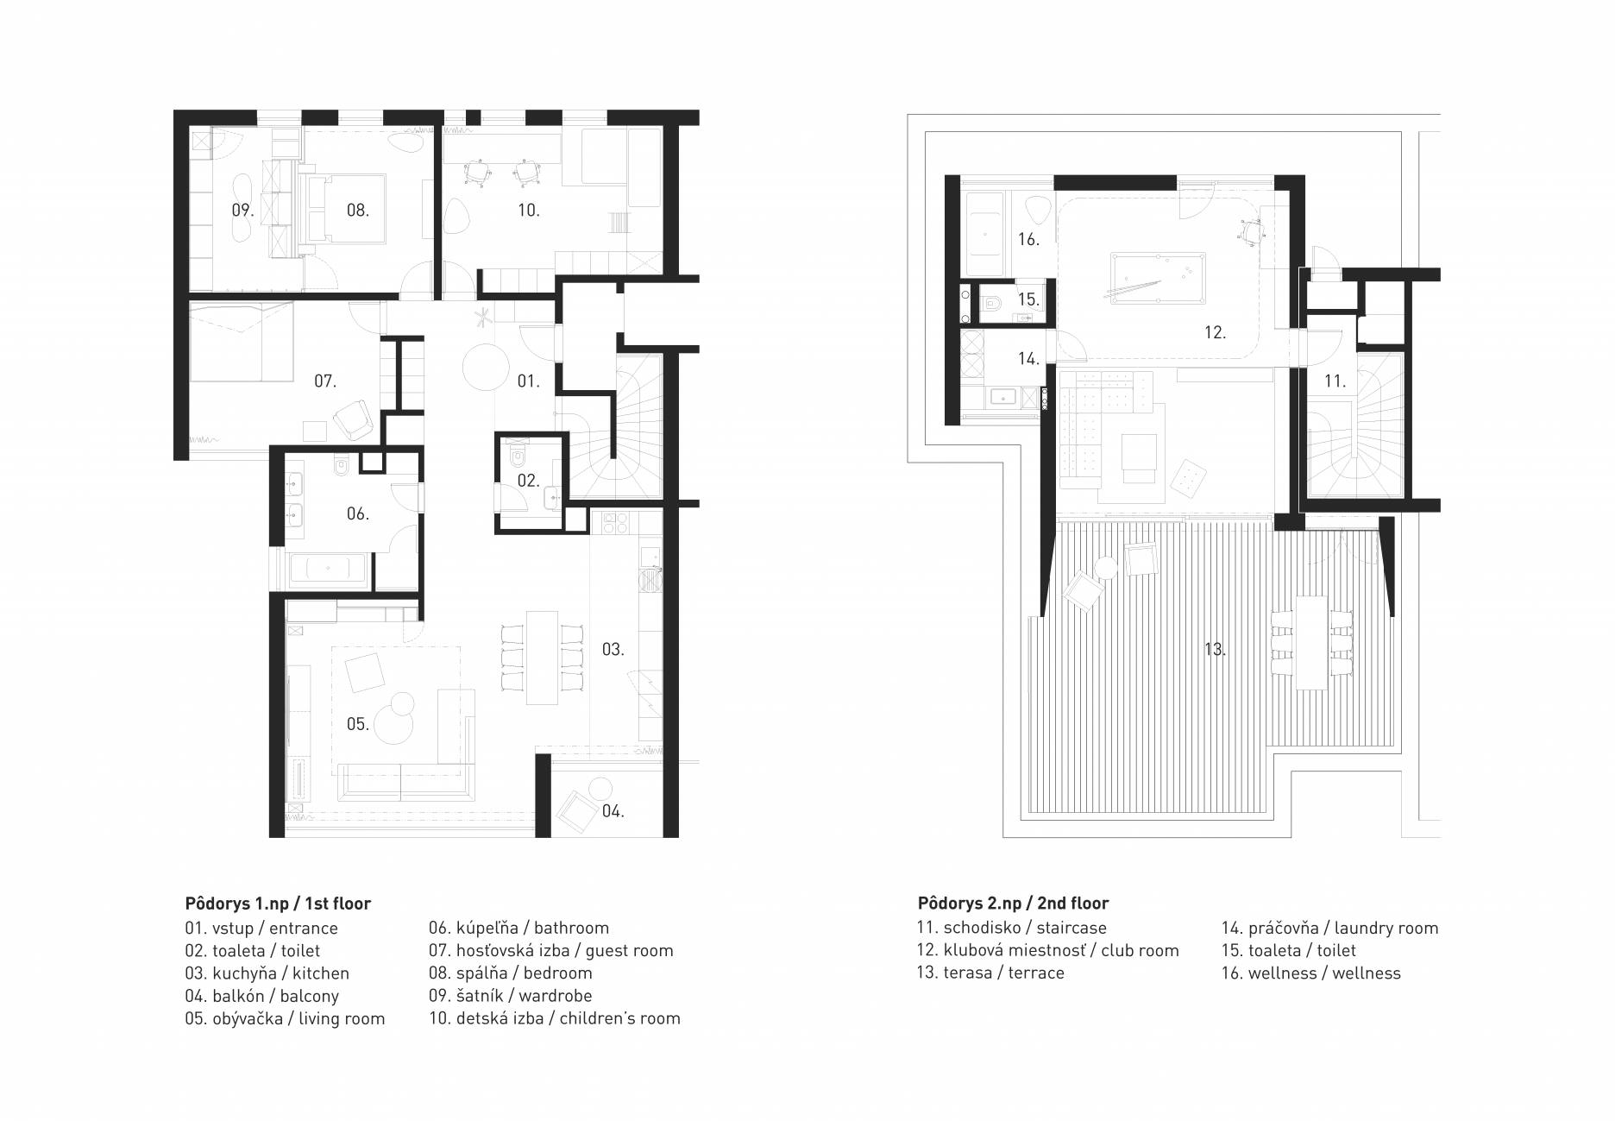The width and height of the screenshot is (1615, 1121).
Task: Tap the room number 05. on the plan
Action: pos(358,724)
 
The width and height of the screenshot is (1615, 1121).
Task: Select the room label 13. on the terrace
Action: pos(1215,649)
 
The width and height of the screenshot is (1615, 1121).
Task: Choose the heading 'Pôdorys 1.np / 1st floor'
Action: pos(278,904)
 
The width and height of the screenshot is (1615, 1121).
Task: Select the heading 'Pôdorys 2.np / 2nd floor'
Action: pos(1014,904)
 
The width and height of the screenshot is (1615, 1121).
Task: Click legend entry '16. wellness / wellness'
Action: pos(1311,973)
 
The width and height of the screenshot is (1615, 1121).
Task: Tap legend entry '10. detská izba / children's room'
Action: pos(555,1018)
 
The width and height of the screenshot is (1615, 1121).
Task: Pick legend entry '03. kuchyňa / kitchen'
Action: pos(267,973)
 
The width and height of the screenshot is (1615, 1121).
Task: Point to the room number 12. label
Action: pos(1215,332)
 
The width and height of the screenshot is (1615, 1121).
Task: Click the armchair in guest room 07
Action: pos(352,420)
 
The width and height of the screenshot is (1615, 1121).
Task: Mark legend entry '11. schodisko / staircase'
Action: pos(1012,929)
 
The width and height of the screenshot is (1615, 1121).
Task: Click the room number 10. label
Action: pos(528,210)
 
